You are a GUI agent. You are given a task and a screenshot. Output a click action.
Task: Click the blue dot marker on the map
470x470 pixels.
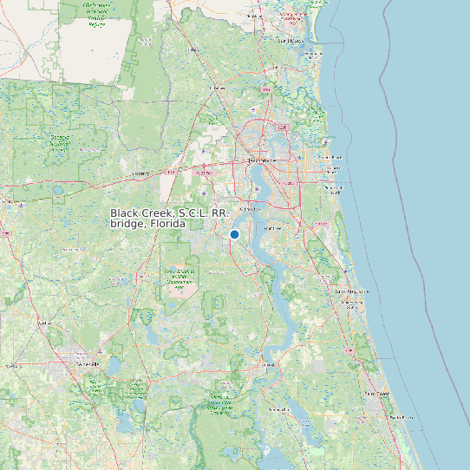pos(234,234)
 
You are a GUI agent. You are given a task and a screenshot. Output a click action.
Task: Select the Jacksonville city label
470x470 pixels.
pos(259,160)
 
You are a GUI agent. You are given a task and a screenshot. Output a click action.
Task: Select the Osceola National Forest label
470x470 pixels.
pos(61,144)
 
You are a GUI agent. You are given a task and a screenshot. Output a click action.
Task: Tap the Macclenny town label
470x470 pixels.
pos(140,173)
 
